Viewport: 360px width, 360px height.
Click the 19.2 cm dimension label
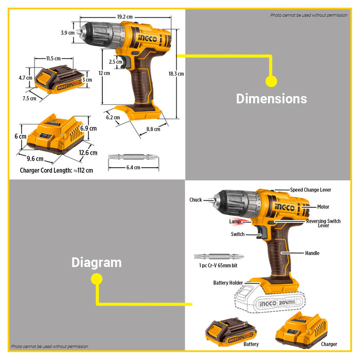(x=125, y=16)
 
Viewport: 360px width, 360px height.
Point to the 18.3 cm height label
(x=176, y=74)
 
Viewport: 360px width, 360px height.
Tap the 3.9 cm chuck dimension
(x=68, y=33)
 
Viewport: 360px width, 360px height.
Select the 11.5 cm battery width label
(x=54, y=58)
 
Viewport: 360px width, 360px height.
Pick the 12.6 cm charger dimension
(x=88, y=152)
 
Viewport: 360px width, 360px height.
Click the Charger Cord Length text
(x=57, y=170)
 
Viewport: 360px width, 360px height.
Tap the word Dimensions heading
(x=271, y=99)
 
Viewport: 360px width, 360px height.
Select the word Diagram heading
(x=96, y=262)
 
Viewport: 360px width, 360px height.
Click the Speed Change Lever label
(x=311, y=190)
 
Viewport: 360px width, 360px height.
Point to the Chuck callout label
(x=195, y=200)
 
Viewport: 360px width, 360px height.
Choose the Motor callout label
(x=323, y=207)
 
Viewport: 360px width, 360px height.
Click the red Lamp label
(x=235, y=222)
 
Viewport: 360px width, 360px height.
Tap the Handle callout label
(x=312, y=253)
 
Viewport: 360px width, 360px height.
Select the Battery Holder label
(x=228, y=283)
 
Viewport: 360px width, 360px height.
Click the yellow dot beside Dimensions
(x=271, y=81)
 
